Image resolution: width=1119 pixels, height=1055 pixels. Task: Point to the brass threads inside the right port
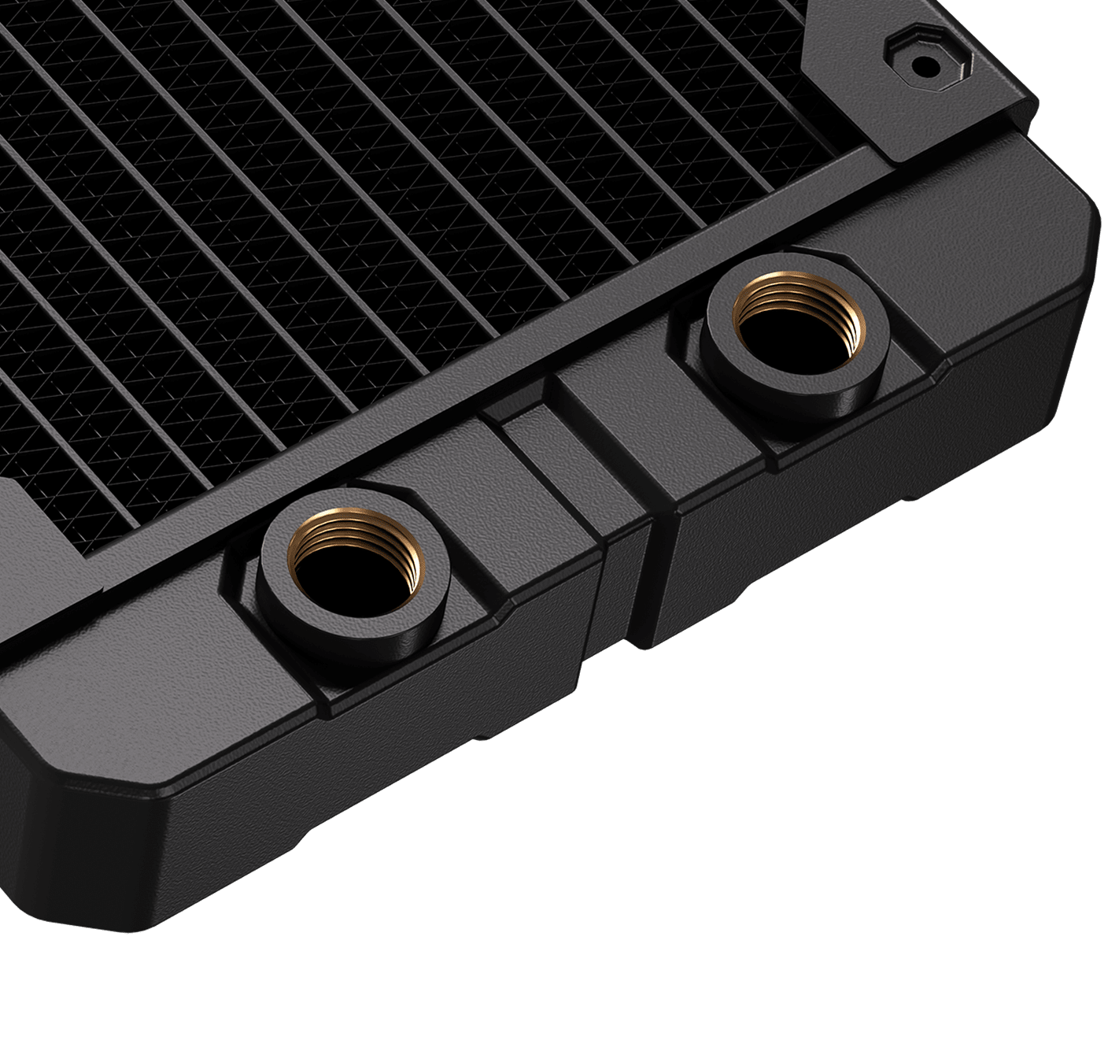(x=796, y=293)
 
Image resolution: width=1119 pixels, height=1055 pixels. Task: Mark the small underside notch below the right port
(x=913, y=498)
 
